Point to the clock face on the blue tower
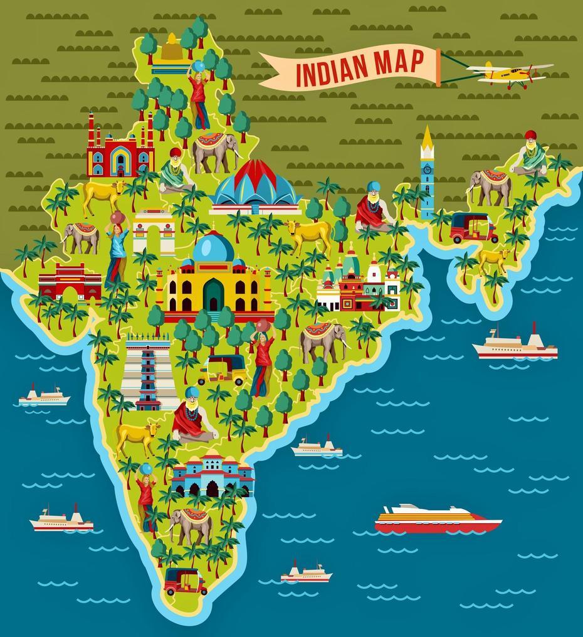(x=428, y=169)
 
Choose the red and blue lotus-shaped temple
(x=255, y=185)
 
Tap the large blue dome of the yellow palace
(x=213, y=247)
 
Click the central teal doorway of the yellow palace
(x=213, y=296)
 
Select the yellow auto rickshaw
(x=222, y=370)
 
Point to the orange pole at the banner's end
(x=438, y=67)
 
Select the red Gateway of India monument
(x=70, y=282)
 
